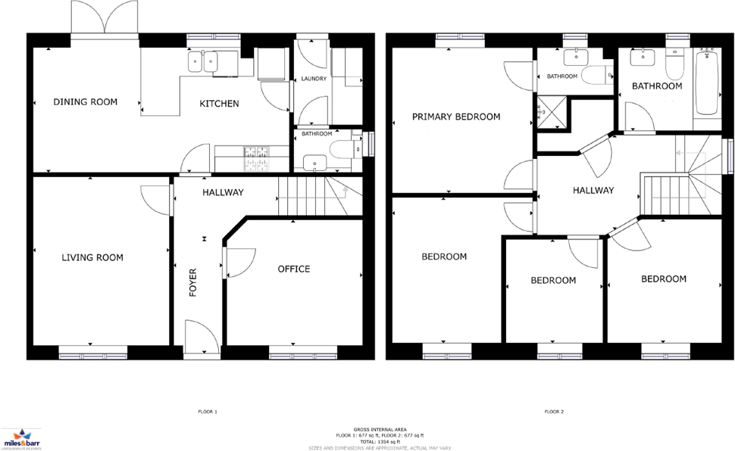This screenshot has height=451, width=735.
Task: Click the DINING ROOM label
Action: tap(85, 101)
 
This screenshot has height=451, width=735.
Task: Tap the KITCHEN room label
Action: tap(219, 104)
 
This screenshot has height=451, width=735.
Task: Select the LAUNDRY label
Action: tap(313, 79)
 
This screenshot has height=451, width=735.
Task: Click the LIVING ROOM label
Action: tap(92, 258)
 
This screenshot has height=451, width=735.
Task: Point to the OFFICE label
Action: tap(293, 269)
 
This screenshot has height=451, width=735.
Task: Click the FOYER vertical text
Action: tap(193, 281)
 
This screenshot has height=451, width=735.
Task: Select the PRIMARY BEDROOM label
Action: tap(456, 117)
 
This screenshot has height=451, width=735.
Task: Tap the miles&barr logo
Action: tap(17, 436)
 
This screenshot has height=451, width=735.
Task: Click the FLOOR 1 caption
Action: tap(207, 412)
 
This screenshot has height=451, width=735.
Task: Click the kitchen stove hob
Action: tap(255, 157)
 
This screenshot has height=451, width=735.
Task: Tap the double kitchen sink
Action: tap(203, 61)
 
